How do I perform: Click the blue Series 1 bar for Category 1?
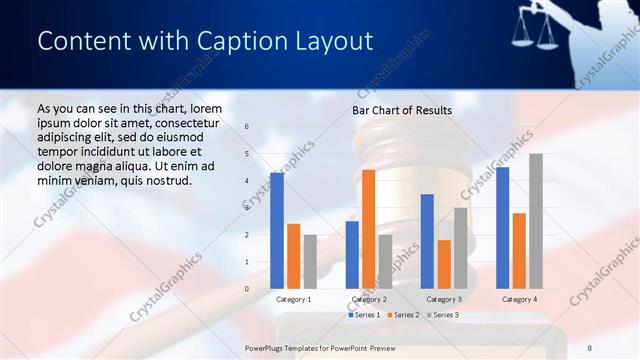(x=277, y=231)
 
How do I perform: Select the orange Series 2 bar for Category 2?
(x=368, y=229)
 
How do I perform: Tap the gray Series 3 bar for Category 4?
(x=536, y=221)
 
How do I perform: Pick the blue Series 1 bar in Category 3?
(x=427, y=241)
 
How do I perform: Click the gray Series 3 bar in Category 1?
(x=309, y=262)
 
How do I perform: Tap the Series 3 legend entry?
(x=443, y=315)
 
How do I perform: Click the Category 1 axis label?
(x=293, y=299)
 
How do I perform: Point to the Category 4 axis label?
(x=519, y=299)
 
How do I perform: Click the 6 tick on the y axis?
(x=247, y=127)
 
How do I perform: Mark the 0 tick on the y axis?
(x=247, y=289)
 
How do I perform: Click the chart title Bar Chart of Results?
(x=402, y=110)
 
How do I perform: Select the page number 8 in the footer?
(x=590, y=347)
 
